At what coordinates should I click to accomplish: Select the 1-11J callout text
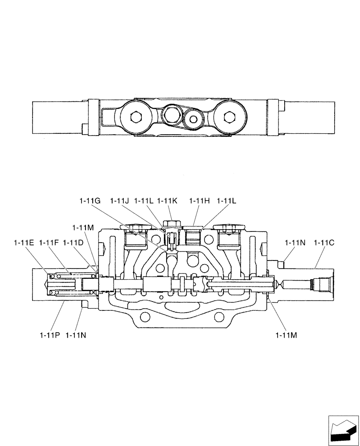click(119, 201)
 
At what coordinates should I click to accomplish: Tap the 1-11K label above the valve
click(167, 201)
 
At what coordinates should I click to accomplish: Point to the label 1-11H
click(199, 201)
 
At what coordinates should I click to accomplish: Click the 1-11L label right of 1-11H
click(227, 201)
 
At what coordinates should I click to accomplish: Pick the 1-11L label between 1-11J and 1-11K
click(143, 201)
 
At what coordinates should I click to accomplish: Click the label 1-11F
click(49, 243)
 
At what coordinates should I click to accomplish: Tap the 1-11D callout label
click(73, 243)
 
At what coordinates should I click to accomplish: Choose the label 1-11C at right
click(324, 243)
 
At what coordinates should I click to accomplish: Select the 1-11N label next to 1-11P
click(76, 334)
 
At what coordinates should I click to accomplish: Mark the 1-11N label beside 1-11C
click(295, 243)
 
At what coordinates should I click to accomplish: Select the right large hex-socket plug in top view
click(229, 117)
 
